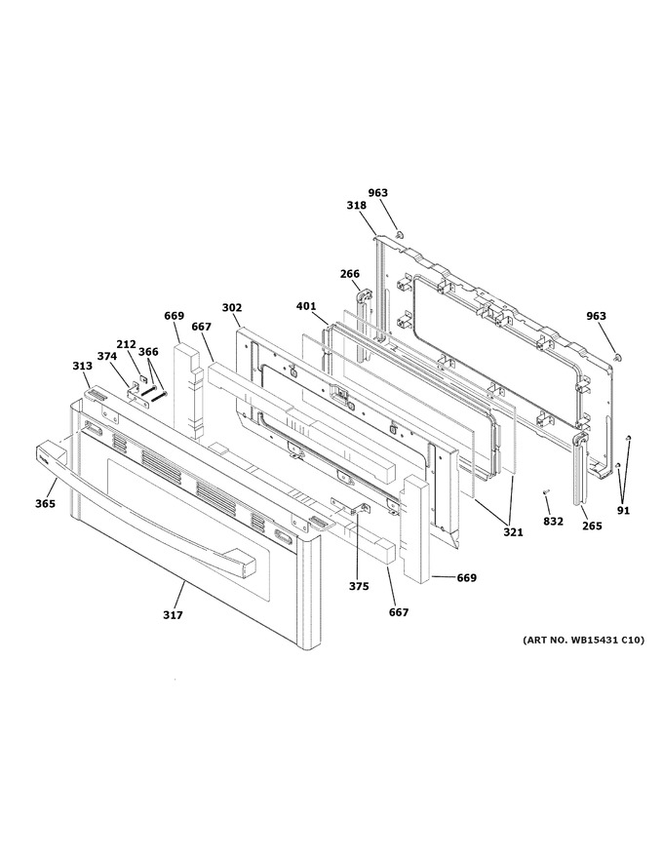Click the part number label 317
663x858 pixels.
coord(173,615)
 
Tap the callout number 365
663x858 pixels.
coord(46,504)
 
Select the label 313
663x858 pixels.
coord(83,366)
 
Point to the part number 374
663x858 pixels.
coord(107,356)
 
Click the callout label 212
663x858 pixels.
coord(126,344)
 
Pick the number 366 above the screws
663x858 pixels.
coord(148,352)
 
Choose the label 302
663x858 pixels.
coord(232,308)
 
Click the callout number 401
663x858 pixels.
coord(306,306)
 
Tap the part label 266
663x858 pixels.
coord(350,274)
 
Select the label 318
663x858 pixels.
coord(356,205)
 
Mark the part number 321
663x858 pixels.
coord(513,532)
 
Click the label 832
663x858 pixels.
coord(553,522)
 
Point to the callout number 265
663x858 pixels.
coord(592,526)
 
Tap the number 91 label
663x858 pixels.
coord(624,511)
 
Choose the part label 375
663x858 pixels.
coord(359,587)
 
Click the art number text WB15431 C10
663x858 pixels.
coord(607,640)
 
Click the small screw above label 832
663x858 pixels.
coord(545,493)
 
